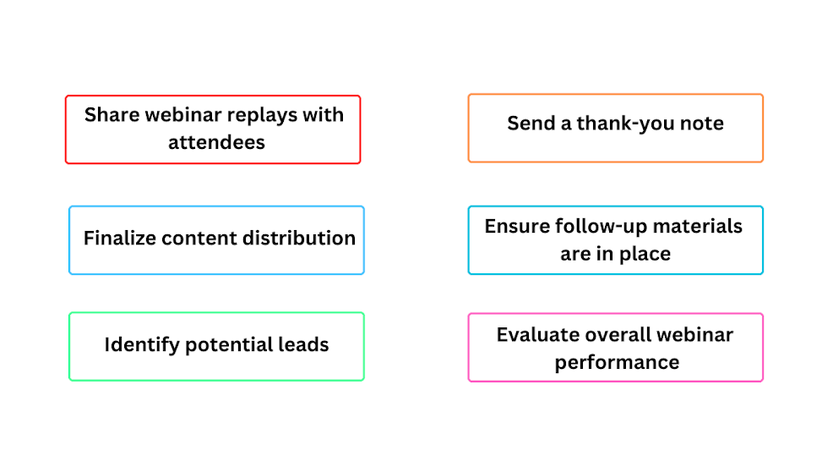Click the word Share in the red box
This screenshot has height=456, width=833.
112,115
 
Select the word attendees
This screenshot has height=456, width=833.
216,142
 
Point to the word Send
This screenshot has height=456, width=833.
531,124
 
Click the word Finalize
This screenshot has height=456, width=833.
119,239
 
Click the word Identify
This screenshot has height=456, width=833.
141,345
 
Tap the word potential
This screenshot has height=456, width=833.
230,345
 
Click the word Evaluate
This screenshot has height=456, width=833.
534,334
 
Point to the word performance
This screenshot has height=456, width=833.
617,362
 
